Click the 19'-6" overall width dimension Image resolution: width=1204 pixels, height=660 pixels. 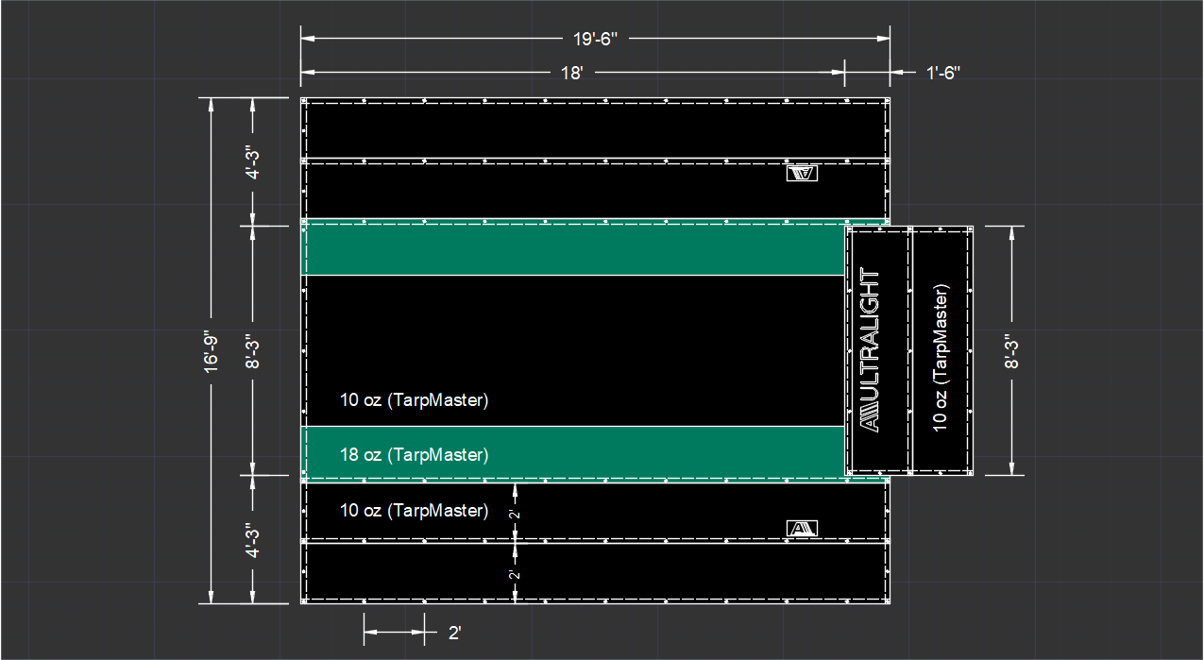pos(595,40)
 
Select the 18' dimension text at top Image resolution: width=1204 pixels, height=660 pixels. pos(572,73)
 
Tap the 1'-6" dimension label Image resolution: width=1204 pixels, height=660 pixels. pos(942,73)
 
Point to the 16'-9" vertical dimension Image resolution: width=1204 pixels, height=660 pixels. pos(211,352)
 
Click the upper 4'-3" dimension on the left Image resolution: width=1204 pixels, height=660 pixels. pos(253,161)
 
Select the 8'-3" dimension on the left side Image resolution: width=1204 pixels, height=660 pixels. pos(253,351)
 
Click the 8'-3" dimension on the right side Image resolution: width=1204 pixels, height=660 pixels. pos(1011,351)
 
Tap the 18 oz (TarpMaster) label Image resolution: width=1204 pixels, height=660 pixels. pos(414,455)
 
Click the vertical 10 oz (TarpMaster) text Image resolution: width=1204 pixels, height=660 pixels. pos(941,358)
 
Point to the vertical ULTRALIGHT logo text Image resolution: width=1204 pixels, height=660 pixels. pos(871,349)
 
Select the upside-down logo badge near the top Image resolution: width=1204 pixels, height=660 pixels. pos(802,173)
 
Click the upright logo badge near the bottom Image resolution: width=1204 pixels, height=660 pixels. pos(802,529)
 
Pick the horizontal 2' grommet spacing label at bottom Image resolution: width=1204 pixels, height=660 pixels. pos(455,634)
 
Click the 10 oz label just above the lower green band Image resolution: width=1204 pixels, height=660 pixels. pos(414,400)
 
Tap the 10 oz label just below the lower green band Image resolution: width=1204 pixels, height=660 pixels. pos(414,511)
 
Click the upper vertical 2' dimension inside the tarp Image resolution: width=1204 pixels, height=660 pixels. pos(515,515)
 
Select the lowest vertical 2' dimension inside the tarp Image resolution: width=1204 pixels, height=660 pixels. pos(515,574)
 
